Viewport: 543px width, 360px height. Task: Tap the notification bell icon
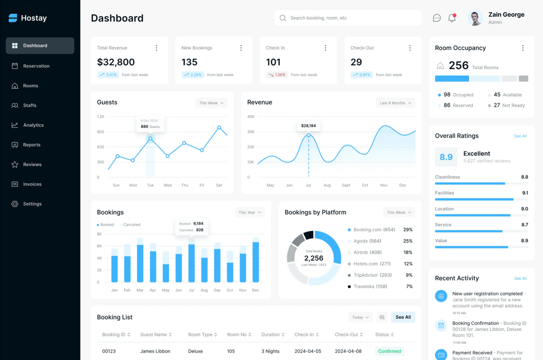click(x=452, y=18)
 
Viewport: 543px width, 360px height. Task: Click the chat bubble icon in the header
click(x=437, y=18)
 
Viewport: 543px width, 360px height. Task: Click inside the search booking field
click(x=348, y=18)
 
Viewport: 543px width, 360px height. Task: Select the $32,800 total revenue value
click(x=116, y=62)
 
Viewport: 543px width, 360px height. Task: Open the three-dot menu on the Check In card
click(x=325, y=48)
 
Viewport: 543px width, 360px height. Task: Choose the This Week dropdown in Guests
click(x=211, y=103)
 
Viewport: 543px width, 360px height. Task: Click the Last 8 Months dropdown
click(x=395, y=103)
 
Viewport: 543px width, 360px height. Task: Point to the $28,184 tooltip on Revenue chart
click(x=308, y=126)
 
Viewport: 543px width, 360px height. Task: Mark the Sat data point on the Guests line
click(x=219, y=127)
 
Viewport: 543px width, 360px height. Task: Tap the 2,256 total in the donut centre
click(x=314, y=258)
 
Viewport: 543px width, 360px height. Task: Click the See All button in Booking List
click(x=403, y=317)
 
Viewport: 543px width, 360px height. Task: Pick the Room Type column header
click(x=202, y=335)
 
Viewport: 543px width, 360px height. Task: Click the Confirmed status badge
click(x=390, y=351)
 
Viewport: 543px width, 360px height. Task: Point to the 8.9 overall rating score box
click(x=446, y=157)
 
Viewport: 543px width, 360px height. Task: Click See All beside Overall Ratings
click(x=520, y=136)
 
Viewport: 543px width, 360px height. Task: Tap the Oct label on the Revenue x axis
click(x=365, y=185)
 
